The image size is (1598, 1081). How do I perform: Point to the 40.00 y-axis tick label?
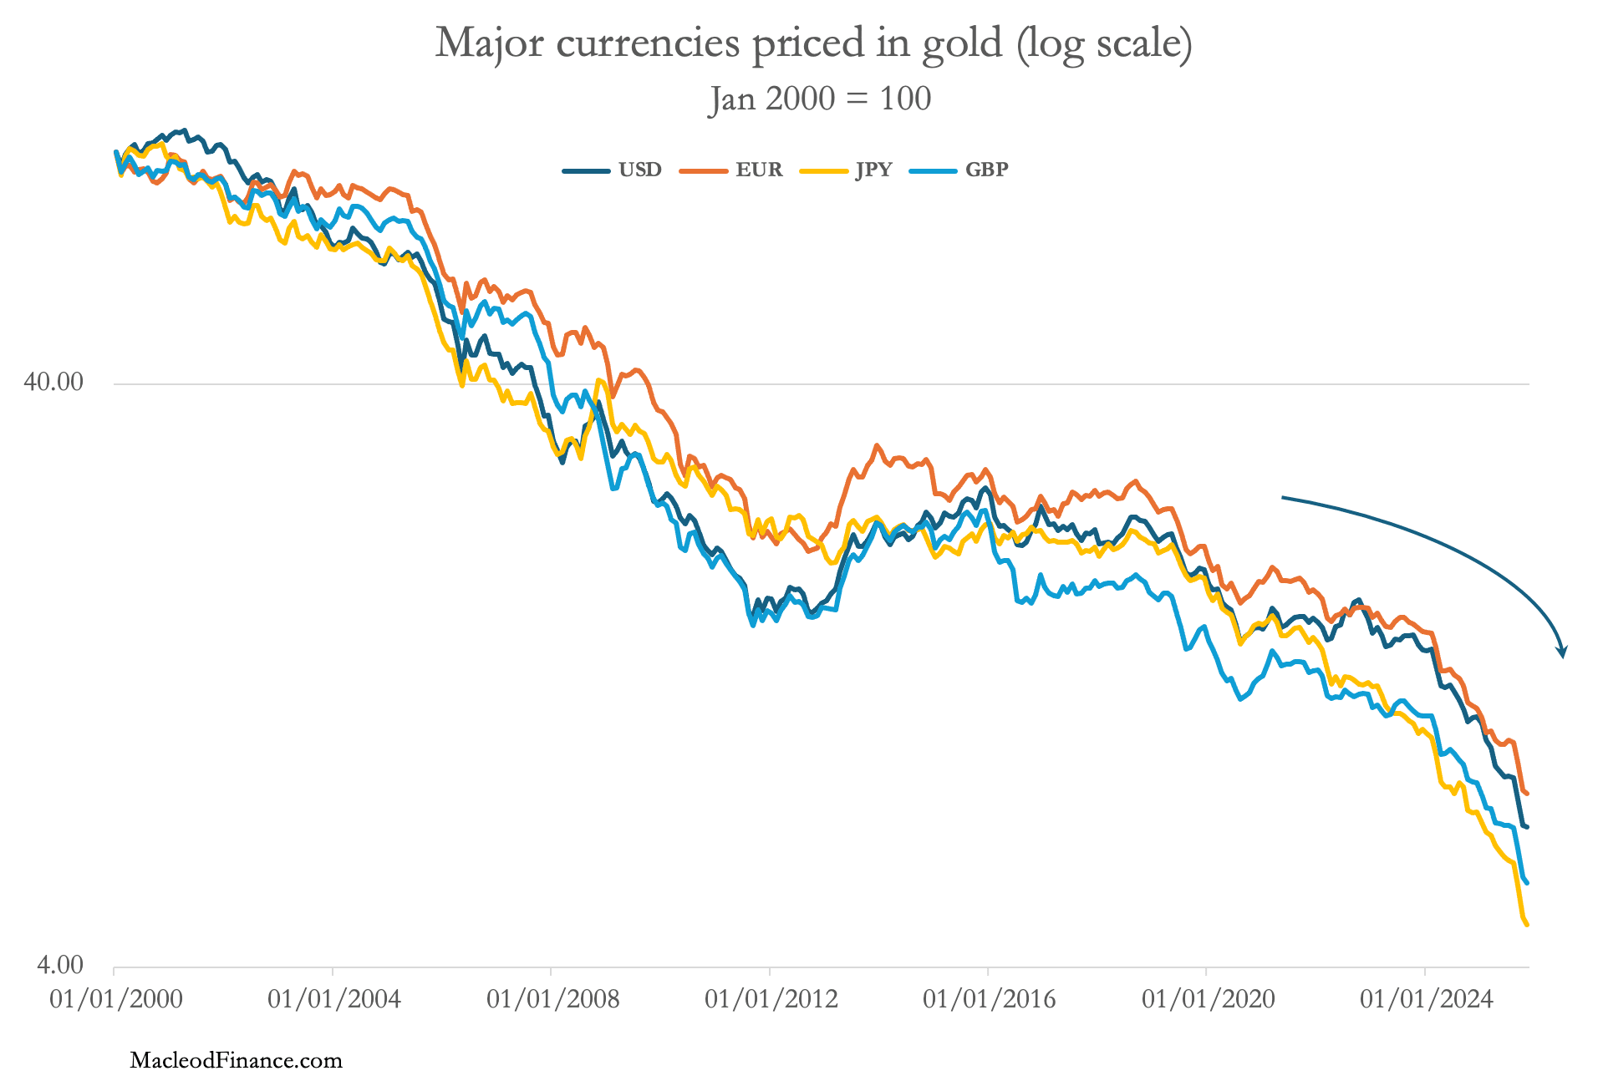(x=53, y=382)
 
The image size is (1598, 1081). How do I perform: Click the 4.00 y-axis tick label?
(x=60, y=965)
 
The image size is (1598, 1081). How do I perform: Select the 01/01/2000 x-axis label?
(x=116, y=998)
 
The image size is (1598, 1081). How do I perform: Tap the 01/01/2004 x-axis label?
(x=334, y=998)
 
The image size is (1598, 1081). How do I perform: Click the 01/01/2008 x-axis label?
(x=553, y=998)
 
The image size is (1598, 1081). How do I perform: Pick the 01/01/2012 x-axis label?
(x=771, y=998)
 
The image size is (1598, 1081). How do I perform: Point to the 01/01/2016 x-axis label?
(x=990, y=998)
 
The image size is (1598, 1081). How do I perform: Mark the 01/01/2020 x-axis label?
(x=1209, y=998)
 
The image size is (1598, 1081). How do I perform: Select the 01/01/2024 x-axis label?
(x=1427, y=998)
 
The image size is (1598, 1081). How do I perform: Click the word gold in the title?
(x=962, y=42)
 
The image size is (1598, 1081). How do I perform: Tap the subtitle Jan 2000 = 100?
(x=820, y=99)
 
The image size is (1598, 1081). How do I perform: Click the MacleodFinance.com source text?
(x=237, y=1060)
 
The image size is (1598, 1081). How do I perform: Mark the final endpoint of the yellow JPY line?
(x=1527, y=925)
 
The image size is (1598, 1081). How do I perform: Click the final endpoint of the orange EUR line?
(x=1527, y=793)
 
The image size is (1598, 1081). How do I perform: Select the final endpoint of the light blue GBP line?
(x=1527, y=882)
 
